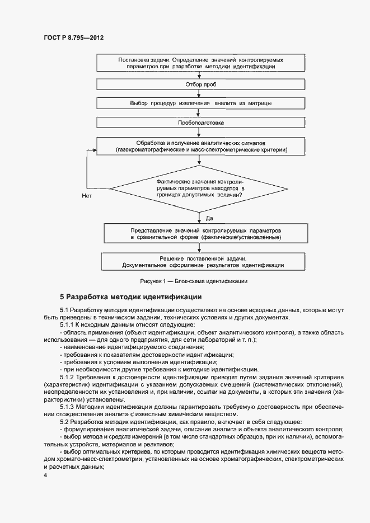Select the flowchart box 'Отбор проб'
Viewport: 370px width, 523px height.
tap(200, 84)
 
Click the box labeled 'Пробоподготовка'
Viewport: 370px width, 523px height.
tap(200, 122)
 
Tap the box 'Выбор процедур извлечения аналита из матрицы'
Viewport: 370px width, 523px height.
tap(200, 103)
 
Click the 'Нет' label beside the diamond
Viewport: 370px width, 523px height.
tap(87, 196)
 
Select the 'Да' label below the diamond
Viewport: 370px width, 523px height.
tap(209, 217)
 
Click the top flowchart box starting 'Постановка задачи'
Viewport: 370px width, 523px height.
tap(200, 63)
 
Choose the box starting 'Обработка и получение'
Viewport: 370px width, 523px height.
tap(200, 147)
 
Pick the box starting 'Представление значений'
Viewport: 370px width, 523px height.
tap(200, 234)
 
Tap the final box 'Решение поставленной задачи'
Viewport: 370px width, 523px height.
tap(200, 262)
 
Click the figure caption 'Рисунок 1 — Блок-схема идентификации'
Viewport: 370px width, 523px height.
tap(194, 281)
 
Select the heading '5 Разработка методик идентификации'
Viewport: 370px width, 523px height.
tap(130, 296)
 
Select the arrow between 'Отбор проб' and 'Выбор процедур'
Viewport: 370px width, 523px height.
tap(200, 94)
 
